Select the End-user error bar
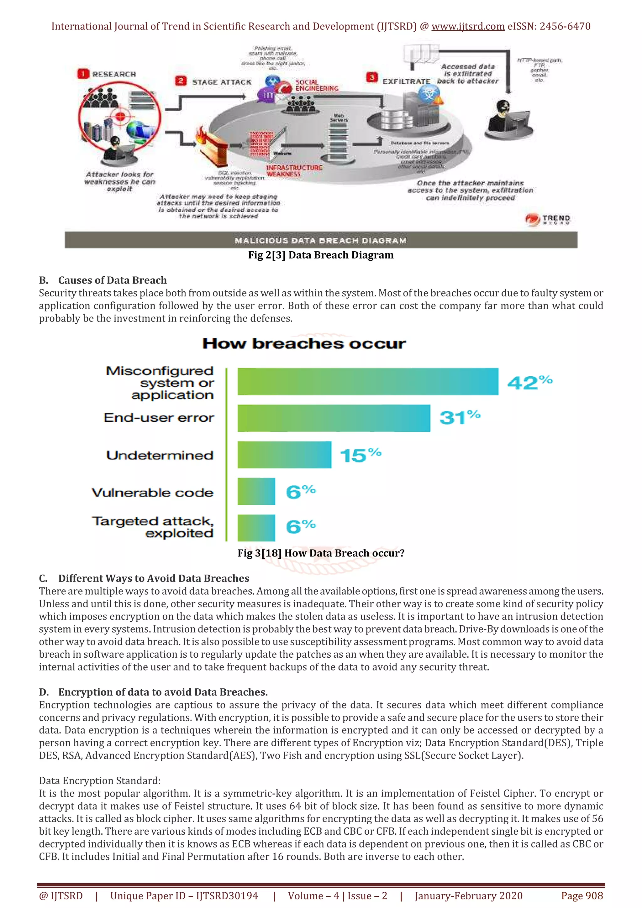(334, 418)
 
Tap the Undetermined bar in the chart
(284, 455)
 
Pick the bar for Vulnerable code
(256, 492)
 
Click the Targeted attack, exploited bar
(256, 528)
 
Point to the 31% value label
(459, 417)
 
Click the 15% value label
(360, 455)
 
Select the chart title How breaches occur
(304, 343)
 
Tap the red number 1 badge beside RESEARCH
(83, 74)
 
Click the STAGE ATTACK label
(222, 82)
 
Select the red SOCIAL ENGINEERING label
(316, 85)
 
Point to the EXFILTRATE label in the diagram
(406, 81)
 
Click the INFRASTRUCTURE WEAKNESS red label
(294, 171)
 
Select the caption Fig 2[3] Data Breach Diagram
(320, 255)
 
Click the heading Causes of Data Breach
(112, 280)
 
